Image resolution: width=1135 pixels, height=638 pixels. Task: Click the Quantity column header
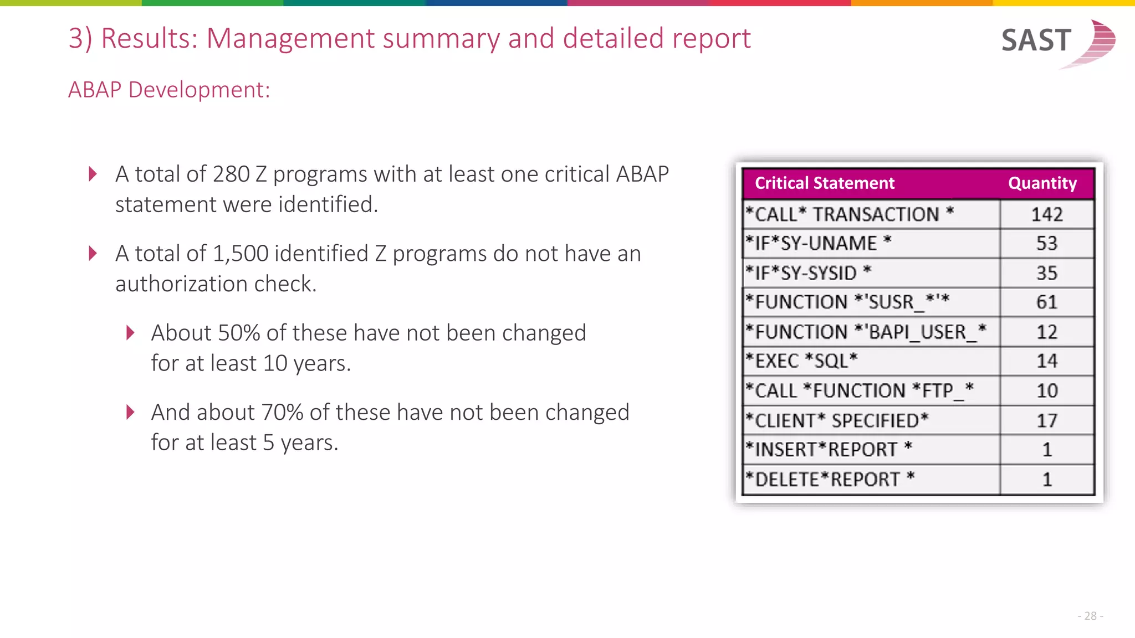[1042, 183]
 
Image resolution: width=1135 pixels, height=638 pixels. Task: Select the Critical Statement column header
[824, 183]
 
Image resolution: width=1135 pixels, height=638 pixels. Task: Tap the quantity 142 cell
[1046, 214]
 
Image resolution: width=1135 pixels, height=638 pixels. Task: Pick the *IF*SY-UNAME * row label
[818, 243]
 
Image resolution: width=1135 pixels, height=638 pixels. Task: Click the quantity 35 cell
[1046, 273]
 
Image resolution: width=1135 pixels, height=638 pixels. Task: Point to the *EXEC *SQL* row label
[801, 361]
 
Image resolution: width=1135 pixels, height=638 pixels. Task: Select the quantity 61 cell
[1046, 302]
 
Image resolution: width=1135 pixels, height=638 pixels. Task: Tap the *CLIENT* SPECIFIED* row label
[836, 420]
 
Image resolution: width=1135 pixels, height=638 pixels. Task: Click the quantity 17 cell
[1046, 420]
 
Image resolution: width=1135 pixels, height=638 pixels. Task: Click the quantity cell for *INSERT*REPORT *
[1046, 449]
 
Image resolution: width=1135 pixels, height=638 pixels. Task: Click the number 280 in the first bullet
[231, 174]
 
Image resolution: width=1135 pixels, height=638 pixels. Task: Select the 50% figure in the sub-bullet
[239, 333]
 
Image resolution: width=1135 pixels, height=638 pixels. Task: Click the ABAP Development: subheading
[169, 90]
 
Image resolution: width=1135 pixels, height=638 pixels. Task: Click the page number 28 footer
[1090, 616]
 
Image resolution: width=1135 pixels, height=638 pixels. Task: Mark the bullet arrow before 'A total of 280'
[93, 174]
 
